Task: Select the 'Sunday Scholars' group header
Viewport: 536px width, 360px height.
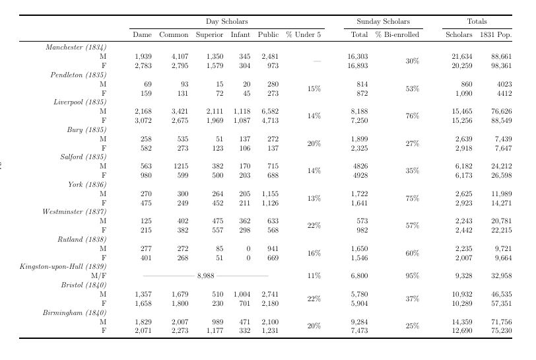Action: [x=383, y=22]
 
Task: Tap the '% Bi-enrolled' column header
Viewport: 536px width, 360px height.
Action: [x=397, y=34]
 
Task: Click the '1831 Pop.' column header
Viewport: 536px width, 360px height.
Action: [x=496, y=34]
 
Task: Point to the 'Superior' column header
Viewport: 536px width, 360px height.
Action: [x=209, y=34]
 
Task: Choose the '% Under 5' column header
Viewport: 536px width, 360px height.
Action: [x=304, y=34]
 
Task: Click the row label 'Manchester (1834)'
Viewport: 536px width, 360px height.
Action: [x=76, y=48]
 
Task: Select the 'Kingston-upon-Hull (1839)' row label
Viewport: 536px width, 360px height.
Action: [x=63, y=267]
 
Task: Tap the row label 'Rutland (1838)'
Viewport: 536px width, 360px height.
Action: [x=82, y=239]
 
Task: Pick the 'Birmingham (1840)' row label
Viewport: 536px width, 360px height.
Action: [x=75, y=312]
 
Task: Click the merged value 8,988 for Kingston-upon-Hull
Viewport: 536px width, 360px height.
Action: [x=205, y=276]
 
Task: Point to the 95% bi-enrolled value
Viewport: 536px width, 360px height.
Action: [x=413, y=276]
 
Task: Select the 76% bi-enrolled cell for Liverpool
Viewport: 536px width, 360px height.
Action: [x=413, y=116]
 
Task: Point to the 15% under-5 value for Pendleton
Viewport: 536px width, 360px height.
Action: [x=314, y=89]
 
